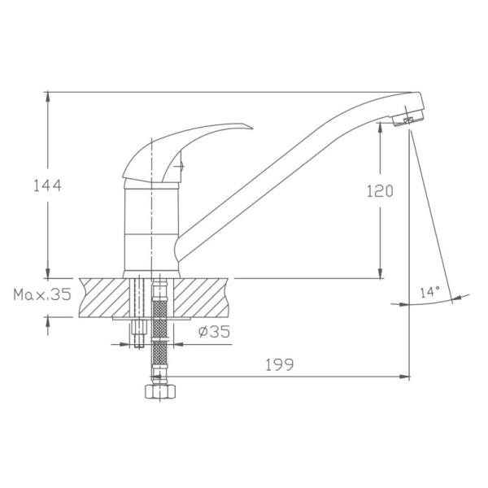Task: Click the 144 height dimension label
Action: tap(47, 185)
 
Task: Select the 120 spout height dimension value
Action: tap(379, 192)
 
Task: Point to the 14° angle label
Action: tap(429, 291)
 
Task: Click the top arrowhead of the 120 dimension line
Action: tap(381, 130)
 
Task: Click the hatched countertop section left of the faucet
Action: tap(102, 297)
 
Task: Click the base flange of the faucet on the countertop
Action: tap(151, 272)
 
